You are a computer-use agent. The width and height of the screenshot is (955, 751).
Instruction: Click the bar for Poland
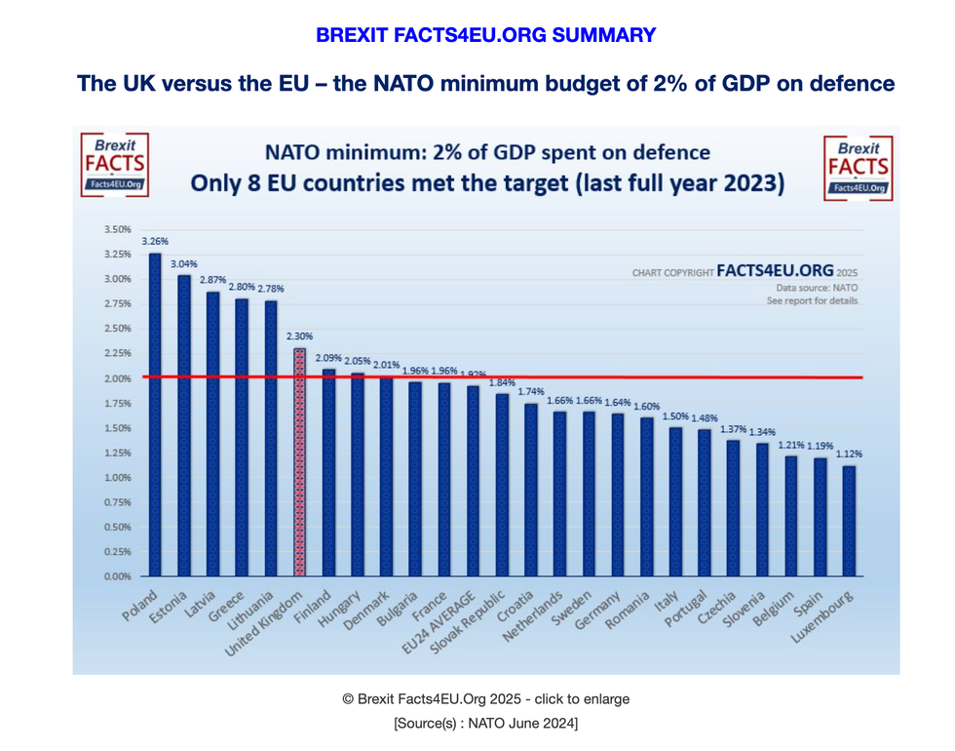tap(155, 415)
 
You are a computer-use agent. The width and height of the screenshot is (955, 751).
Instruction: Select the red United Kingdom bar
tap(299, 462)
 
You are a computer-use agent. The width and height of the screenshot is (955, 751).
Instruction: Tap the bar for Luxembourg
tap(849, 521)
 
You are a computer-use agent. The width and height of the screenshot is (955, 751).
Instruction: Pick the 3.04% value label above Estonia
tap(184, 264)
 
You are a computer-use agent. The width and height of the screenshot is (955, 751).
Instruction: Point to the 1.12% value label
tap(849, 454)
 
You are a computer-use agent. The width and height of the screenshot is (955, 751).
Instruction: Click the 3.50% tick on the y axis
tap(116, 229)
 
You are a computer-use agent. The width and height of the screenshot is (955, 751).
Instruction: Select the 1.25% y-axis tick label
tap(116, 453)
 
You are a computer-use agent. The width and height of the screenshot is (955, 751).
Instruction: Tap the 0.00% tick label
tap(116, 576)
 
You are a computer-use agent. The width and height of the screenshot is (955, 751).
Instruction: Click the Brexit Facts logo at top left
tap(114, 166)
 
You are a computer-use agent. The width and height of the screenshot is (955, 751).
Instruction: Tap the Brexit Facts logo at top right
tap(857, 167)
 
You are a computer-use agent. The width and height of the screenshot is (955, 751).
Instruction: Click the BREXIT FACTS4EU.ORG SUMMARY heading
tap(485, 35)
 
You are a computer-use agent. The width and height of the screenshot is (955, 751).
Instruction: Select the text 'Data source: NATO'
tap(817, 289)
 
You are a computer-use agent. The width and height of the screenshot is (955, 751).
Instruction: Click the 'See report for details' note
tap(812, 301)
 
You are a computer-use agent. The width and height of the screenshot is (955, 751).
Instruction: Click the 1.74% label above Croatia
tap(531, 391)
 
